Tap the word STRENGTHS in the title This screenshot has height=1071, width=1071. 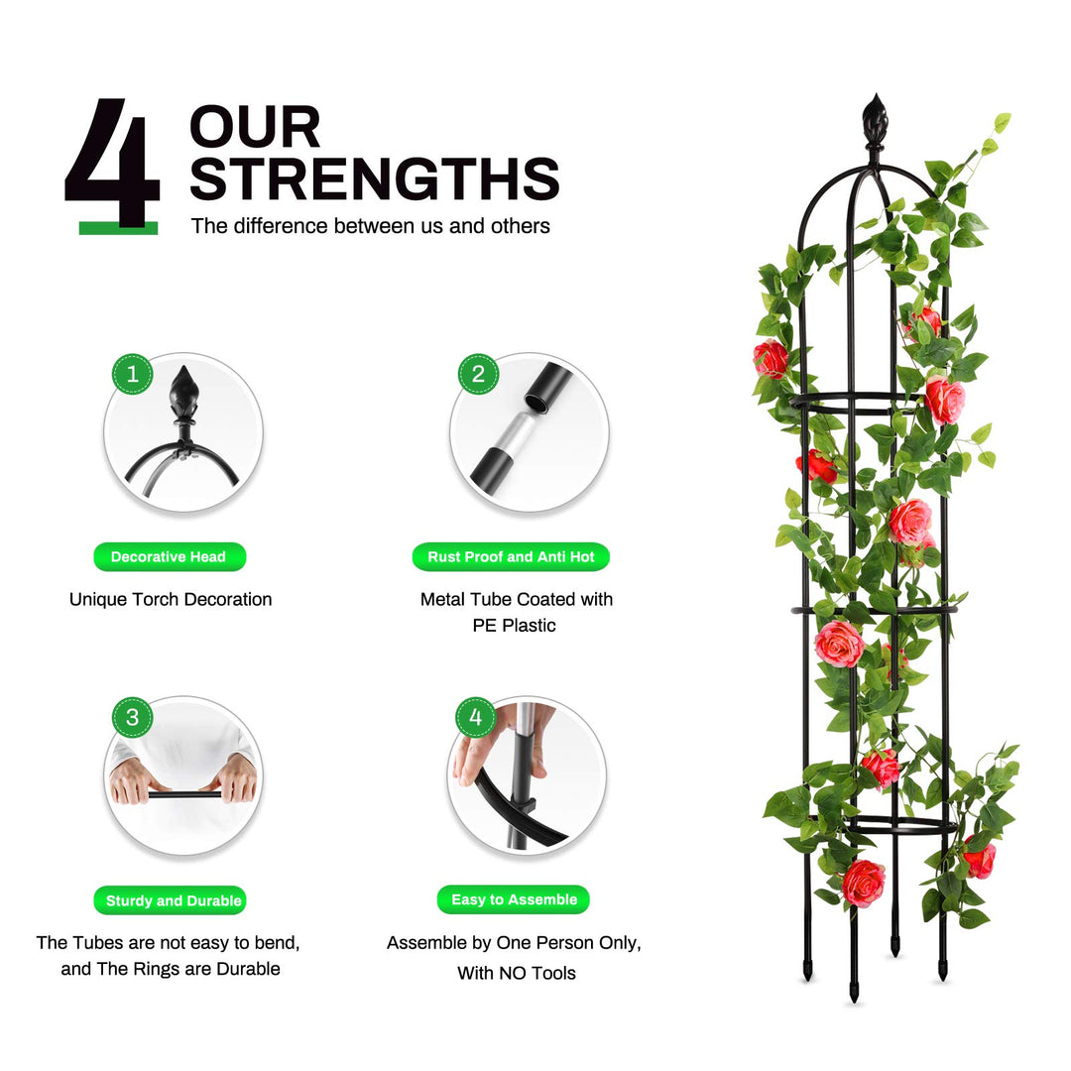[374, 178]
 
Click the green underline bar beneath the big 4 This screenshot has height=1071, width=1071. [118, 228]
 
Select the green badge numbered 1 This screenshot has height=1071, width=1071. [133, 374]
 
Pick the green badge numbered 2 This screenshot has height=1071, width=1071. [478, 374]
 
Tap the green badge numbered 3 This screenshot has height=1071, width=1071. [133, 717]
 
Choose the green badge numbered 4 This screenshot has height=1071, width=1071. [475, 717]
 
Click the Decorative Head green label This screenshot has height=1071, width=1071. [170, 556]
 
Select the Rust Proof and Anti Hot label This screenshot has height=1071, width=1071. [511, 556]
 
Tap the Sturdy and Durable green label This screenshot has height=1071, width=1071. [171, 900]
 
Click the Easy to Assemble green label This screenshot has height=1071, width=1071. [513, 899]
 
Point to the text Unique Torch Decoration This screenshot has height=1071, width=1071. [171, 599]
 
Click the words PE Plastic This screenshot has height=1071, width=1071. [515, 625]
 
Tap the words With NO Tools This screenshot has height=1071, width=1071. [517, 973]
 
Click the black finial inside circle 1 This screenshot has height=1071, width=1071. [184, 396]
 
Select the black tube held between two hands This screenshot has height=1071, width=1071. [185, 794]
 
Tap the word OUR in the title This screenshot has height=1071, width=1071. [255, 127]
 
